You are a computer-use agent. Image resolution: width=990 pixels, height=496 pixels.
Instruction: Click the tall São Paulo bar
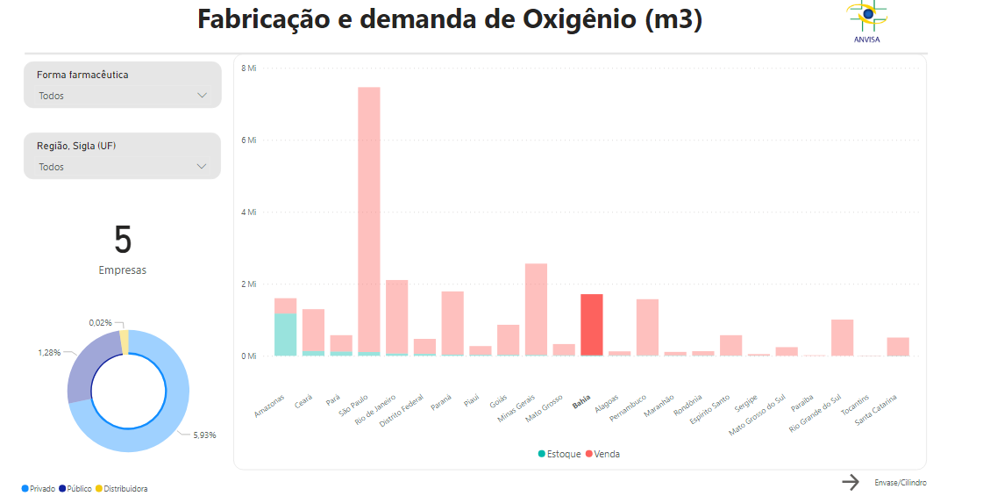click(x=368, y=219)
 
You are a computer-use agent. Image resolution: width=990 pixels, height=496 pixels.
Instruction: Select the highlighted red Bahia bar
click(x=592, y=325)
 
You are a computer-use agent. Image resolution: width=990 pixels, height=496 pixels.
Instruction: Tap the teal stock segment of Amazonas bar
click(x=285, y=334)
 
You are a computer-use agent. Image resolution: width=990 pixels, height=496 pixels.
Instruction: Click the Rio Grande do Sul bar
click(x=842, y=337)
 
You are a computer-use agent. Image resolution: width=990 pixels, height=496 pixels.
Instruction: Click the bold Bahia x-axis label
click(x=582, y=403)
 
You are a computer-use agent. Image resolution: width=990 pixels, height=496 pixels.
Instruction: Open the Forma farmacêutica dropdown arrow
click(x=203, y=95)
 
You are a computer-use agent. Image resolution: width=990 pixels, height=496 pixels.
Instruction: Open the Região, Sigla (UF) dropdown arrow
click(x=203, y=166)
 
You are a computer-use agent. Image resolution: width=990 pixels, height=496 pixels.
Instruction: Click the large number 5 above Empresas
click(x=123, y=240)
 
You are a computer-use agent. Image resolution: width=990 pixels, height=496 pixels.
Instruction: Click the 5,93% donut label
click(x=204, y=435)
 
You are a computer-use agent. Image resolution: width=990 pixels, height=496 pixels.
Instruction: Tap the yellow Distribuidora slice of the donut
click(x=125, y=341)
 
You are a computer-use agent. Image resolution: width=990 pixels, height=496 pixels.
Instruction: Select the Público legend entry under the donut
click(x=75, y=488)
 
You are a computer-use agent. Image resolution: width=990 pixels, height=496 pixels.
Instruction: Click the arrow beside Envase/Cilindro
click(x=851, y=482)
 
